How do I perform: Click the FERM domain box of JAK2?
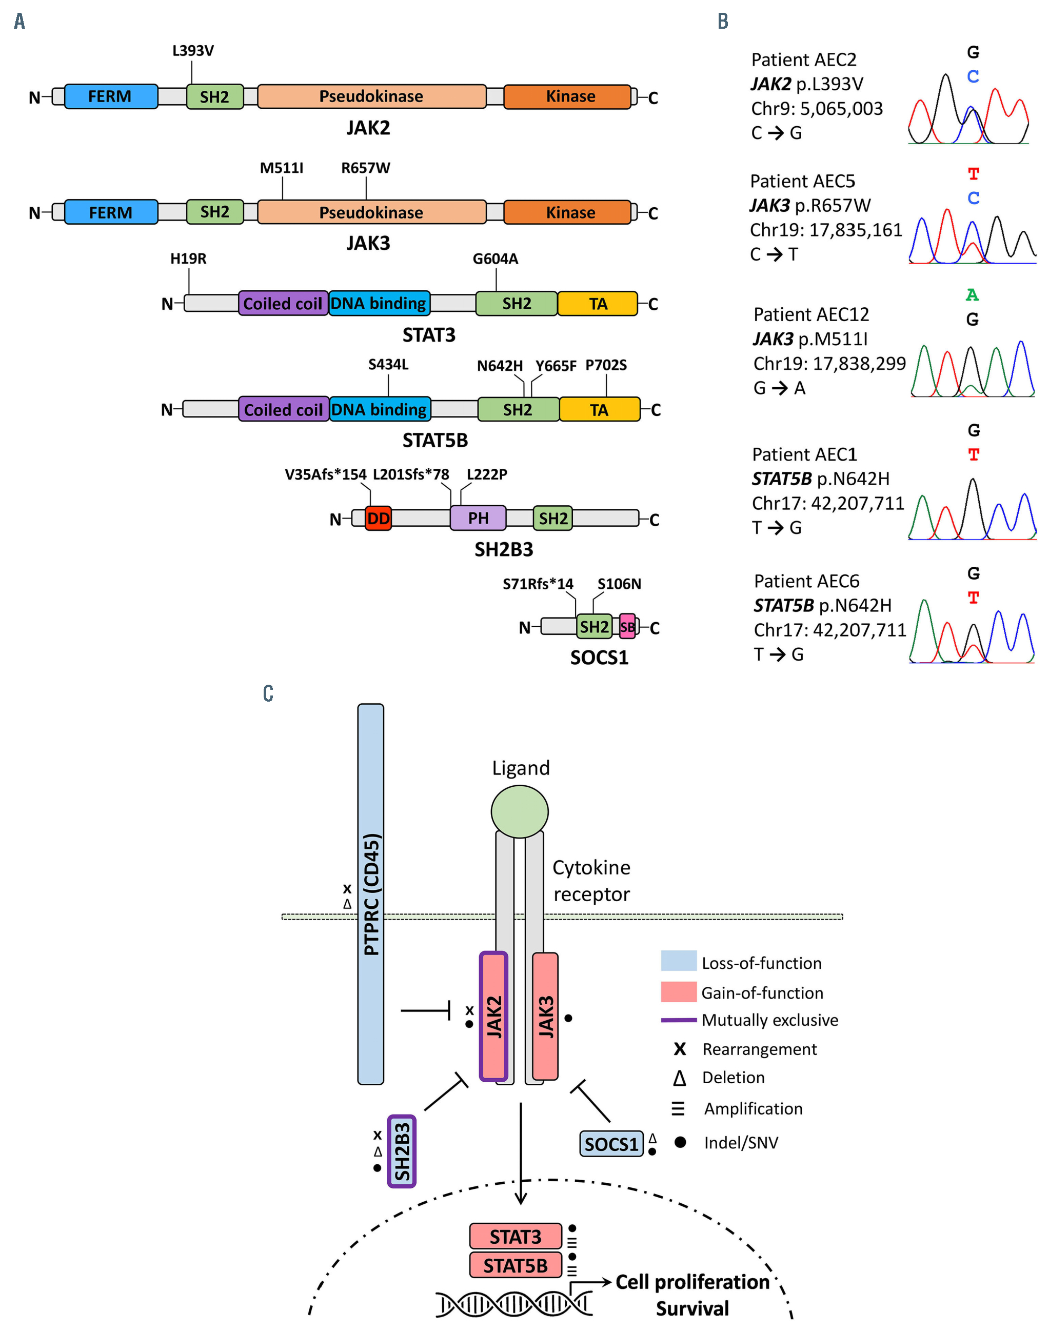tap(111, 96)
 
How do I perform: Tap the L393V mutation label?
tap(193, 50)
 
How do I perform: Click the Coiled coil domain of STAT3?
tap(283, 303)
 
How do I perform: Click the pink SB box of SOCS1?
tap(627, 627)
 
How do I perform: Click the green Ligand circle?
tap(520, 811)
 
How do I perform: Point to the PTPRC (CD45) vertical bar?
tap(371, 893)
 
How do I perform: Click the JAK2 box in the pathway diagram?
tap(493, 1017)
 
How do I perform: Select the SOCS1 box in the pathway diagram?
tap(611, 1143)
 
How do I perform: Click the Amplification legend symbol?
tap(678, 1108)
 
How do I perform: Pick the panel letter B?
tap(723, 21)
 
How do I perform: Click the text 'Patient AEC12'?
tap(810, 314)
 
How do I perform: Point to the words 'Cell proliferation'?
tap(692, 1282)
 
